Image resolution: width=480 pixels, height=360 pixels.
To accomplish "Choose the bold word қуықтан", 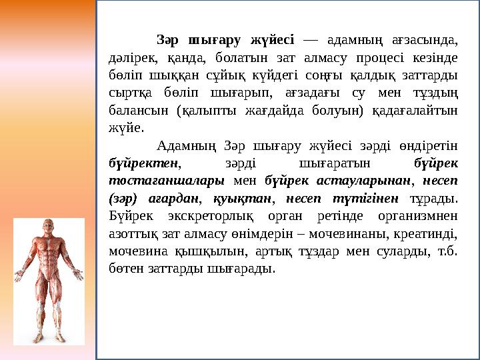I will (x=243, y=198).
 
